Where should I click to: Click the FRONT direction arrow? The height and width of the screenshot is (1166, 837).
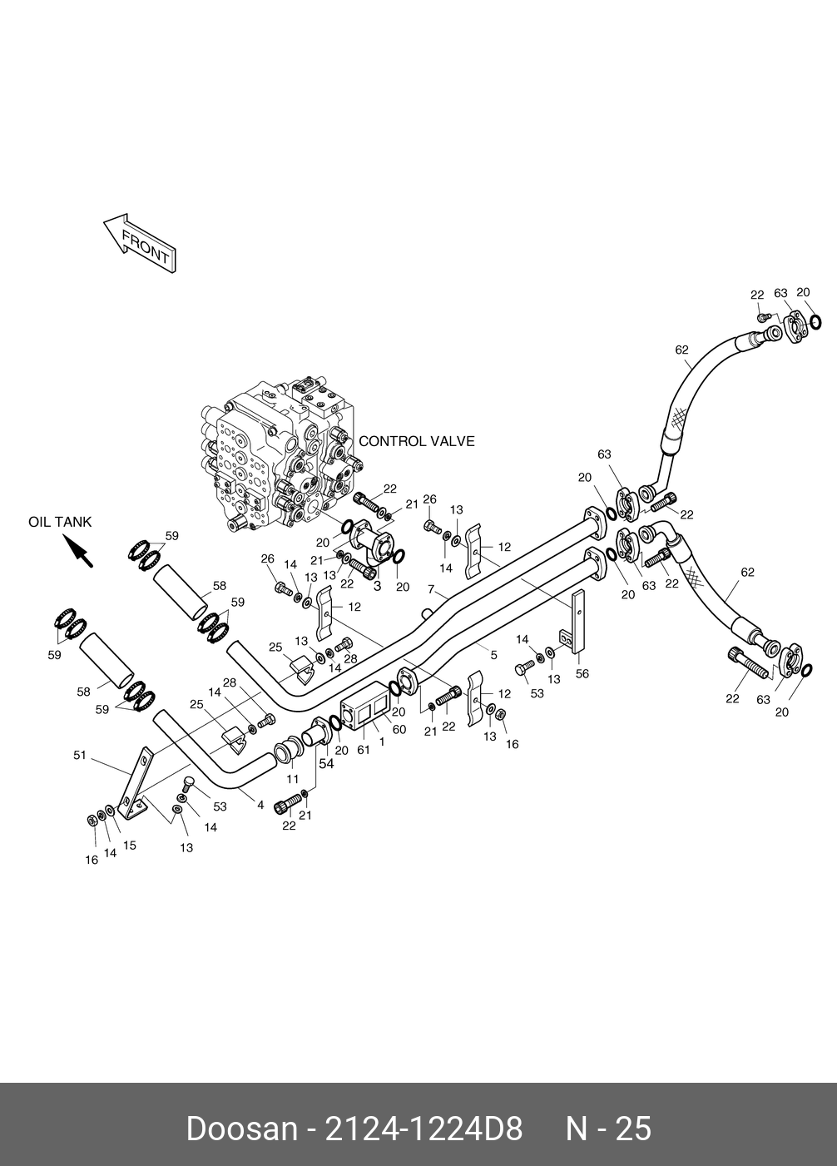[140, 242]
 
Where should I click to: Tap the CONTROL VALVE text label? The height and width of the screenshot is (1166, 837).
[416, 441]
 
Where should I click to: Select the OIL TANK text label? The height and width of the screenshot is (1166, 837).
[60, 522]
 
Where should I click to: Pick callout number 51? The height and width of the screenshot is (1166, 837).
[80, 755]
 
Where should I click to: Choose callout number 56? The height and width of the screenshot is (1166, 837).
[582, 673]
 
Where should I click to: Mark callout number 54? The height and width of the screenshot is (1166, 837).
[326, 764]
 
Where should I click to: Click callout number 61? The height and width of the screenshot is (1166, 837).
[364, 750]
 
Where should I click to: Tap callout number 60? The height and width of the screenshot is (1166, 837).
[399, 730]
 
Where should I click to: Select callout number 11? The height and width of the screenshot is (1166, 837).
[293, 779]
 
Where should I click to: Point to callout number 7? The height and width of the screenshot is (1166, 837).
[431, 589]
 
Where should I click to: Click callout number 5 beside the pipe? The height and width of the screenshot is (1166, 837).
[493, 655]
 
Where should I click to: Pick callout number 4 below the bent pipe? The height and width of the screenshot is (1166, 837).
[260, 806]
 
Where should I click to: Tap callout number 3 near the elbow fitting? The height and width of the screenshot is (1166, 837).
[378, 586]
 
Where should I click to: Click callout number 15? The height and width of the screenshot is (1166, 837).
[130, 846]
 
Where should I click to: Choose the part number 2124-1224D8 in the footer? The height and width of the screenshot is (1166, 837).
[423, 1129]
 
